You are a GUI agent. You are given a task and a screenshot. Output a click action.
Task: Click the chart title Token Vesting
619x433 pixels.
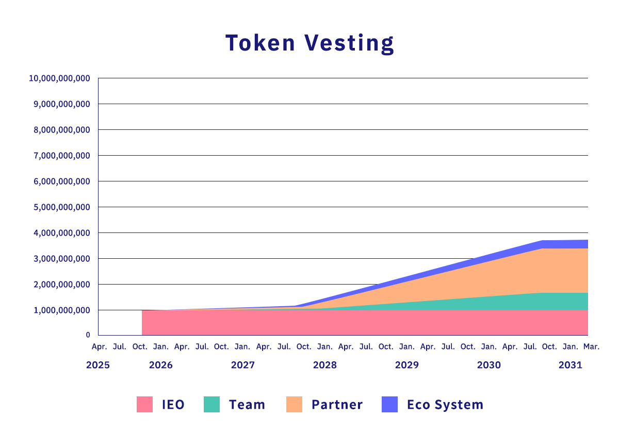309,43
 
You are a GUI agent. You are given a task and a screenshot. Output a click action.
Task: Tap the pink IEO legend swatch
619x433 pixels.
145,405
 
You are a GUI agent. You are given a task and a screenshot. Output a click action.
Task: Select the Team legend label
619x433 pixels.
247,405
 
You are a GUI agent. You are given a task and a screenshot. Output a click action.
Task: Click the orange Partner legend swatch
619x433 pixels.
294,405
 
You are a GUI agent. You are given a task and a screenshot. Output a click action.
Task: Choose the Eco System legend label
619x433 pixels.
445,405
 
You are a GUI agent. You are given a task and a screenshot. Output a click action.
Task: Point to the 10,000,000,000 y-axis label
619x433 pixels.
60,78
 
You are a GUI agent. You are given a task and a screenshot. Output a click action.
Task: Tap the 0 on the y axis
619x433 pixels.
88,335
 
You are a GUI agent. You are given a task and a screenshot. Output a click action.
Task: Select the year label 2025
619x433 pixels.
98,365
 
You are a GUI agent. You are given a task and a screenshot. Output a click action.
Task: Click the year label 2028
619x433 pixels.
325,365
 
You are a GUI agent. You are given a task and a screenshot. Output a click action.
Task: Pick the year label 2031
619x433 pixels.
571,365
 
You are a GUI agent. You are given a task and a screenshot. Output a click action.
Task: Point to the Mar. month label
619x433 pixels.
591,347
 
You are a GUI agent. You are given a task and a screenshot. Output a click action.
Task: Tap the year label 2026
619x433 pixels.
161,365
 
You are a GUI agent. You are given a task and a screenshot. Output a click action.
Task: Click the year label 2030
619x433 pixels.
489,365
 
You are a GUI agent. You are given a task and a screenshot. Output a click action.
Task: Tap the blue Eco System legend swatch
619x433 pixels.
390,405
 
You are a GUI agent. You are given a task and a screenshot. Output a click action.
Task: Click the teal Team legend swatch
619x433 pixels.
212,405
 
